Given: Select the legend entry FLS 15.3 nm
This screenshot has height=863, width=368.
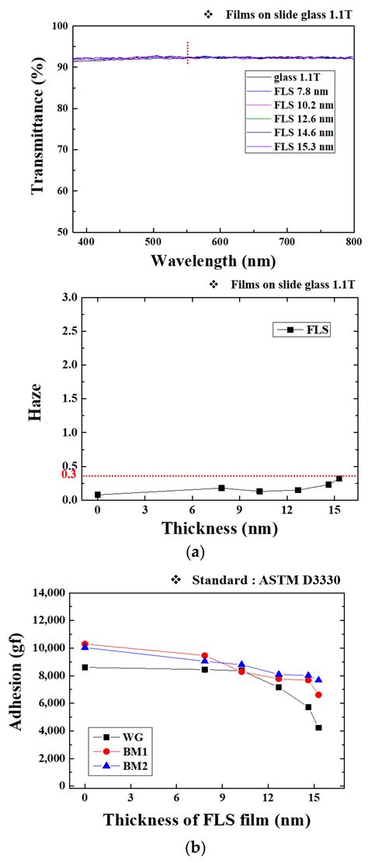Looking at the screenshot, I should click(302, 147).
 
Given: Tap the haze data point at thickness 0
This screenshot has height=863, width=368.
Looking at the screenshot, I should click(98, 495).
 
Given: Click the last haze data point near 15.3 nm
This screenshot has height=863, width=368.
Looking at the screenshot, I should click(338, 478).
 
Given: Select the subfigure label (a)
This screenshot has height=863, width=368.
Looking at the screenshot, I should click(196, 552).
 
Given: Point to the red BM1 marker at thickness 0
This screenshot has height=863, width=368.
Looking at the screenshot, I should click(85, 644).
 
